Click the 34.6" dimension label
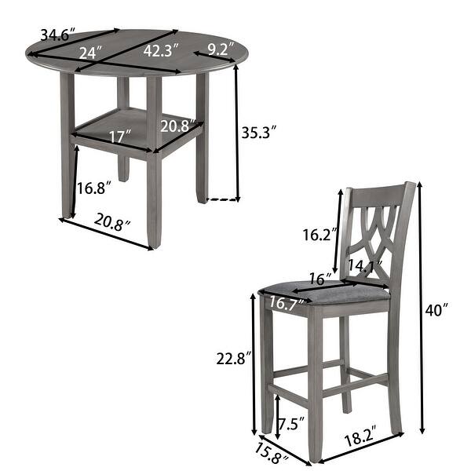coord(57,34)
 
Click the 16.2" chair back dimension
coord(319,235)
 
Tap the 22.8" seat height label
coord(235,359)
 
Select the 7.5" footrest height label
coord(292,425)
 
